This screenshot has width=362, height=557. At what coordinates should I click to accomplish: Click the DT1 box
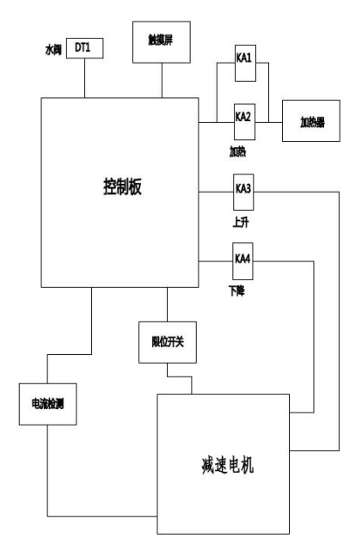[84, 48]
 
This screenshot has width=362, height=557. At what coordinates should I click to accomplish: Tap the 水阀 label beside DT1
[53, 50]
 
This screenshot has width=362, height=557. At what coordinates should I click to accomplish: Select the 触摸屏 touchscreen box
[162, 42]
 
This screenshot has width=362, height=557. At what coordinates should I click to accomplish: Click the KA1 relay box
[245, 63]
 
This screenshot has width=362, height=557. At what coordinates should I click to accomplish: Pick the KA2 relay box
[244, 122]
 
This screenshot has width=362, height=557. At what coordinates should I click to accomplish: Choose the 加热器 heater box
[311, 121]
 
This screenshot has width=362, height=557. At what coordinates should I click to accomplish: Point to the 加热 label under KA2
[237, 151]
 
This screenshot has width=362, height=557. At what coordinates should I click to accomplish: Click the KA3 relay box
[243, 192]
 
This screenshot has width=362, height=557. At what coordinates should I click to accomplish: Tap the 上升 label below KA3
[241, 223]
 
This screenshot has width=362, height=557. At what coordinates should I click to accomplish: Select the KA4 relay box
[242, 261]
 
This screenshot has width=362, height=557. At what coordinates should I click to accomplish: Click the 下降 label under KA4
[236, 291]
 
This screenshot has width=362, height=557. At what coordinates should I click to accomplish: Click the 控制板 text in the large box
[123, 187]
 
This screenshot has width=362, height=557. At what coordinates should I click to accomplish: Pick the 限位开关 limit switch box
[168, 342]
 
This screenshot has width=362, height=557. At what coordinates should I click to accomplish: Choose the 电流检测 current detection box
[47, 404]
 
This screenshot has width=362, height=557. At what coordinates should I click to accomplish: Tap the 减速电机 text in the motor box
[227, 464]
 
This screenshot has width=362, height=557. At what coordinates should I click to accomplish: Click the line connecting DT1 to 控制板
[84, 78]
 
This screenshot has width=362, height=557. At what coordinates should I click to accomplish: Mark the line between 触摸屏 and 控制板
[162, 80]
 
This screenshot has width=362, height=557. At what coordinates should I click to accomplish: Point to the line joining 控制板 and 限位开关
[168, 304]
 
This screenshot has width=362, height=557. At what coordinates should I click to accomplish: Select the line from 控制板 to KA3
[216, 192]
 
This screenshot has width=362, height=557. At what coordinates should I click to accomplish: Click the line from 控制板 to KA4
[215, 261]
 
